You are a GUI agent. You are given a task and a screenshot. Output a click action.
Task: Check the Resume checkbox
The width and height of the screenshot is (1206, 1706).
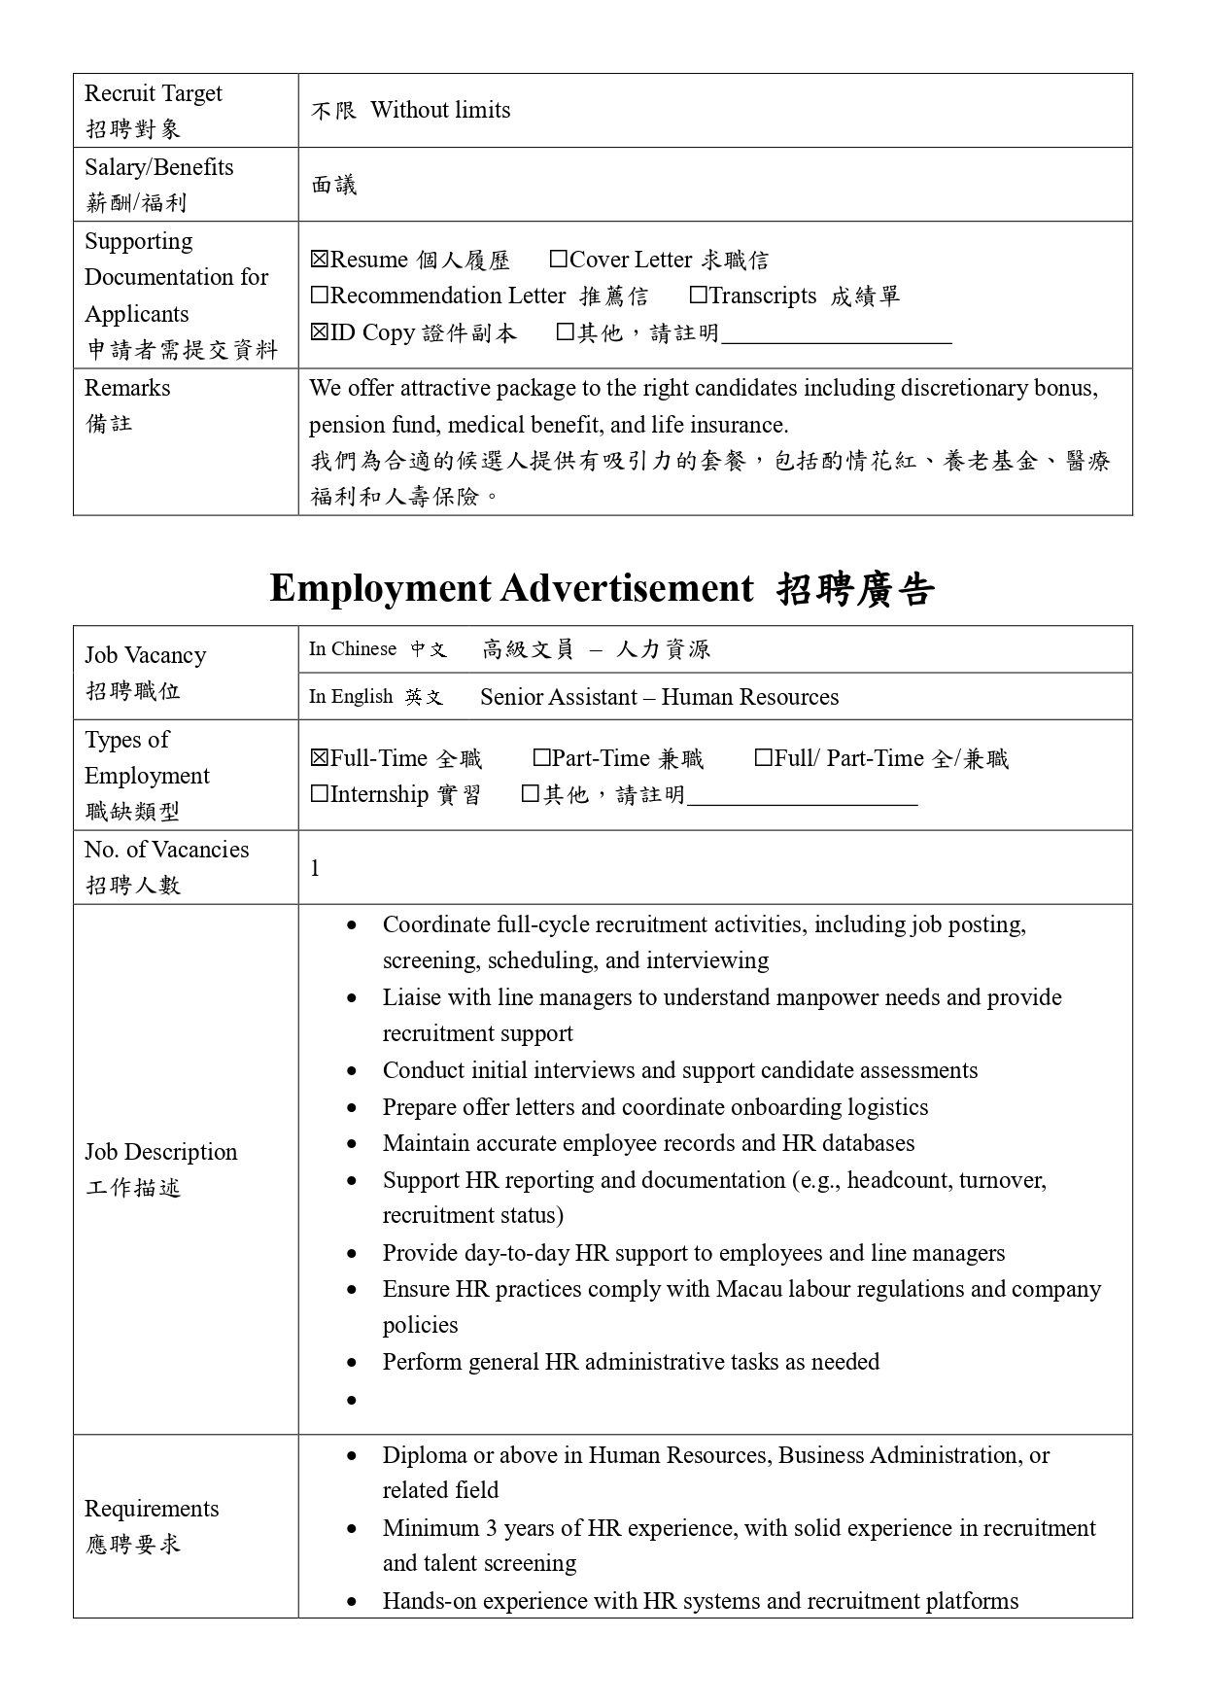pyautogui.click(x=320, y=260)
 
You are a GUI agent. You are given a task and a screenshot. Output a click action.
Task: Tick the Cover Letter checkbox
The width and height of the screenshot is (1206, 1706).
pyautogui.click(x=558, y=260)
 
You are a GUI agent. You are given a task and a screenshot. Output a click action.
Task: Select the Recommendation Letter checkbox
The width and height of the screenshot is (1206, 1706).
pyautogui.click(x=320, y=296)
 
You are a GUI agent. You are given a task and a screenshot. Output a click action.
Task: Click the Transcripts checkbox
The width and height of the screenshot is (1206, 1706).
pyautogui.click(x=698, y=296)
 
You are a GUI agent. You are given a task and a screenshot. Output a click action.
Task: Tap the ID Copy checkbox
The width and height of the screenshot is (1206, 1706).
pyautogui.click(x=320, y=332)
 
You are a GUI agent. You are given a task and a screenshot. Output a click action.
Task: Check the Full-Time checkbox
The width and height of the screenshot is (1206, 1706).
pyautogui.click(x=320, y=758)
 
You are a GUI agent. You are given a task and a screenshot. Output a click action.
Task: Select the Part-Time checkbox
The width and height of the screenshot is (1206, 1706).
pyautogui.click(x=542, y=758)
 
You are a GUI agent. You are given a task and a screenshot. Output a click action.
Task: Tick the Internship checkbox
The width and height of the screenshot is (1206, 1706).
pyautogui.click(x=320, y=794)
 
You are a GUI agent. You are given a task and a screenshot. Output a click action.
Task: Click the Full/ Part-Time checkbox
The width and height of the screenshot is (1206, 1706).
pyautogui.click(x=764, y=758)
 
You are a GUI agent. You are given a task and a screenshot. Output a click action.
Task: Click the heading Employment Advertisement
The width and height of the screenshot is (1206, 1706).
pyautogui.click(x=511, y=588)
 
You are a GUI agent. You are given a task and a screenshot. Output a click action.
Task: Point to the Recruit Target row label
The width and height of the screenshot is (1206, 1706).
pyautogui.click(x=153, y=94)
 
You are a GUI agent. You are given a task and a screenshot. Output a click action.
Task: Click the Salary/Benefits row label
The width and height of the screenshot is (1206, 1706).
pyautogui.click(x=158, y=167)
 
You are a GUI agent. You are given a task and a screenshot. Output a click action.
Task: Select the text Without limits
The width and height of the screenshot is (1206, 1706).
pyautogui.click(x=440, y=110)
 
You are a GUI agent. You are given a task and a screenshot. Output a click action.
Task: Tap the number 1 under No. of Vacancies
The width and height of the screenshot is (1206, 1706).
pyautogui.click(x=315, y=868)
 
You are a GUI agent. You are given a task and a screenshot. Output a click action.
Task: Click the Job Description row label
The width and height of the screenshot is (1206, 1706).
pyautogui.click(x=160, y=1152)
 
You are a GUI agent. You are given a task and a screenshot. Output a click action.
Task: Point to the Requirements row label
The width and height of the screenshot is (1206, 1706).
pyautogui.click(x=152, y=1509)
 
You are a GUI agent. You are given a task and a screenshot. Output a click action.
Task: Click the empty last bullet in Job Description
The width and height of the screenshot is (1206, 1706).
pyautogui.click(x=351, y=1400)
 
